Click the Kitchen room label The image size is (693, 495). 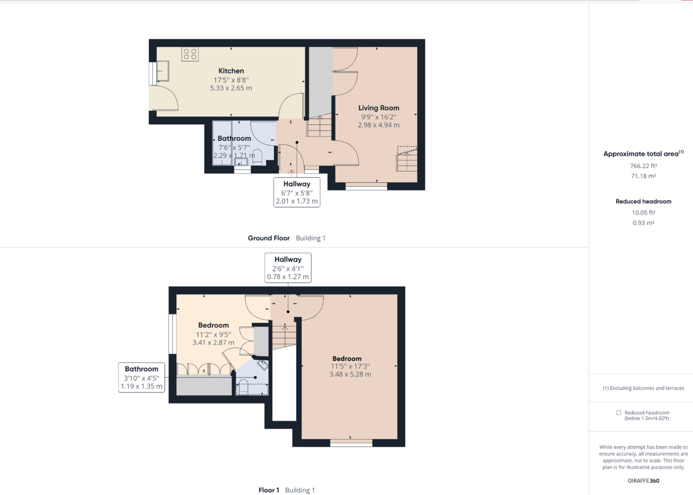(x=231, y=71)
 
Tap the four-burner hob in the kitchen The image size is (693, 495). (x=190, y=54)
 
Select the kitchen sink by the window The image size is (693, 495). (x=162, y=71)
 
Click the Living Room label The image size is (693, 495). (x=379, y=108)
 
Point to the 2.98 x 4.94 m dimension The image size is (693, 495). (x=379, y=125)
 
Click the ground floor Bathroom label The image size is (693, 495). (x=234, y=138)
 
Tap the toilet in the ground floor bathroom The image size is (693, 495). (x=257, y=156)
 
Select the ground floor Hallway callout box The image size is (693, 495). (x=297, y=192)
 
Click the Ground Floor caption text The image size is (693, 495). (x=269, y=238)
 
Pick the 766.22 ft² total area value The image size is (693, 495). (x=643, y=166)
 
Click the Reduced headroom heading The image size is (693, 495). (x=643, y=201)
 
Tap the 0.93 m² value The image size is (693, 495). (x=643, y=223)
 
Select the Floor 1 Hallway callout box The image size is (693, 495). (x=288, y=268)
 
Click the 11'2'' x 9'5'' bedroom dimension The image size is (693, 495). (x=214, y=334)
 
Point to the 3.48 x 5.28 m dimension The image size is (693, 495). (x=350, y=374)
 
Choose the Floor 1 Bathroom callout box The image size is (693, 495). (x=142, y=377)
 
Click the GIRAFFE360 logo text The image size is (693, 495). (x=643, y=481)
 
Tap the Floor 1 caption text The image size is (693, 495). (x=269, y=490)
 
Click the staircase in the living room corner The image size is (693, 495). (x=407, y=159)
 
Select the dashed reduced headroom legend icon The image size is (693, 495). (x=619, y=413)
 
